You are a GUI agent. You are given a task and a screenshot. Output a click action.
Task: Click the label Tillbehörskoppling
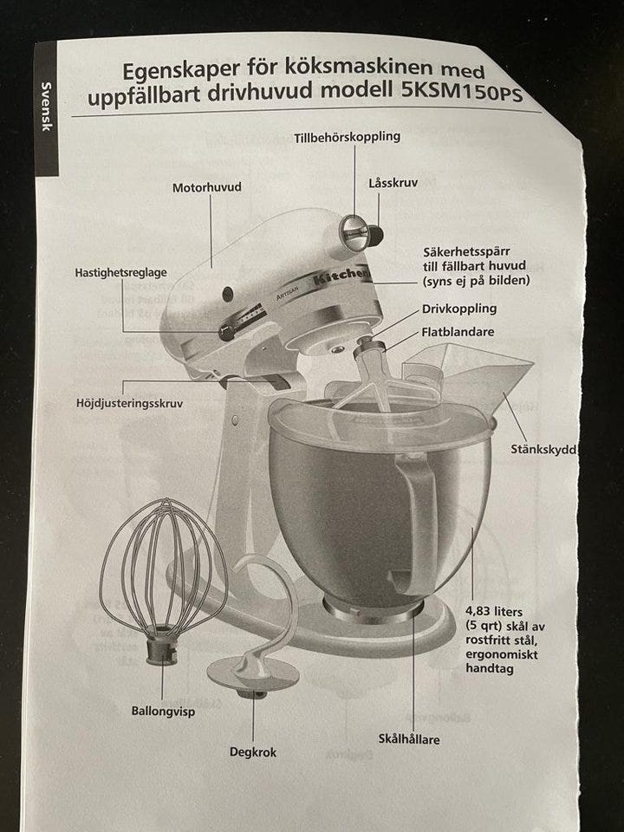(x=347, y=137)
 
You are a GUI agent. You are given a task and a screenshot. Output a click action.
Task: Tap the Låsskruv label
(x=393, y=183)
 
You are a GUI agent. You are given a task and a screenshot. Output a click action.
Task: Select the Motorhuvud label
(x=207, y=187)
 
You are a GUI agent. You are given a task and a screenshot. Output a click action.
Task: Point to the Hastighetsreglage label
(x=121, y=273)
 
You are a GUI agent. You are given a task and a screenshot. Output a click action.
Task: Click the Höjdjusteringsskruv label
(x=129, y=404)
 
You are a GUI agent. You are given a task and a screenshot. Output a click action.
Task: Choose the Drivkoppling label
(x=459, y=309)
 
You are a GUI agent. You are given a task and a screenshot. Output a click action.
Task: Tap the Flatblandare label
(x=458, y=332)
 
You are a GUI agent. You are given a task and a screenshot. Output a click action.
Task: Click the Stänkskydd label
(x=543, y=450)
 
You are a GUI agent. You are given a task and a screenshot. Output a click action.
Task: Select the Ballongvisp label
(x=163, y=711)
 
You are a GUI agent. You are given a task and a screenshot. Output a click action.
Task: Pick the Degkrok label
(x=252, y=752)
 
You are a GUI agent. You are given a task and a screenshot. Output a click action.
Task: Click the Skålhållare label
(x=409, y=738)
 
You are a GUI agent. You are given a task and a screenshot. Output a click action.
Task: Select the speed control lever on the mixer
(x=226, y=333)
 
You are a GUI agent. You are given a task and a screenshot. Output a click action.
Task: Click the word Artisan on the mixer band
(x=288, y=292)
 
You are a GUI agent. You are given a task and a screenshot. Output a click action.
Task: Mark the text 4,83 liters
(x=494, y=612)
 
